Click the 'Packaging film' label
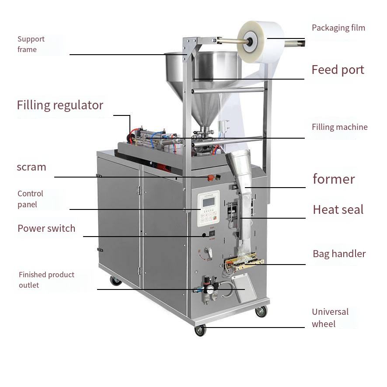(338, 28)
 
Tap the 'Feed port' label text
(338, 70)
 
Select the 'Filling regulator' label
(60, 105)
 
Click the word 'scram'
(31, 167)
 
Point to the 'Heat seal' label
(338, 210)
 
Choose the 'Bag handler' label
(339, 254)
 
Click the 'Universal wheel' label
(330, 318)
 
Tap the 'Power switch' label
(46, 228)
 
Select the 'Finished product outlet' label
(46, 280)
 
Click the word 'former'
(334, 179)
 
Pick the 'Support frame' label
(31, 44)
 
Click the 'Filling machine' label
(339, 127)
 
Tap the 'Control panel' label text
(30, 199)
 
